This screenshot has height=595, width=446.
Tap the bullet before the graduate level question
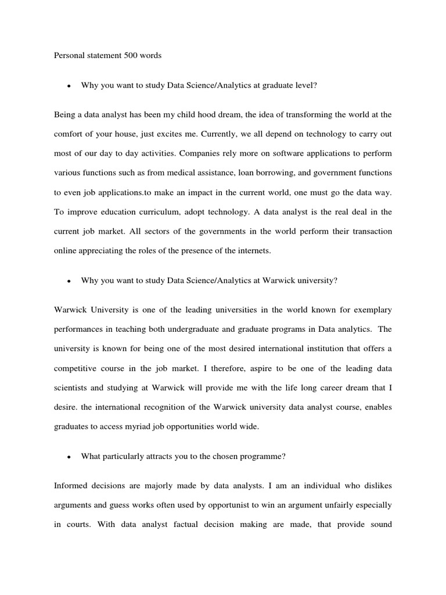[69, 86]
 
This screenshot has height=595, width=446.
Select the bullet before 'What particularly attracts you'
[69, 457]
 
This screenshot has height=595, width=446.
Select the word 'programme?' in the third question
[264, 457]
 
